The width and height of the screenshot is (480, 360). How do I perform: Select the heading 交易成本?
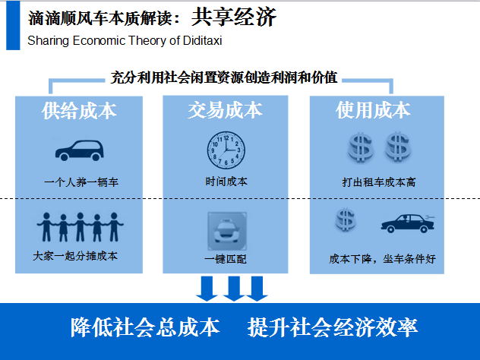(x=226, y=111)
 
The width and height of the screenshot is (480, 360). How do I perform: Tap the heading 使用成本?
(x=373, y=111)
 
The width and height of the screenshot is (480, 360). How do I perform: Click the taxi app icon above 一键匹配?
(x=226, y=231)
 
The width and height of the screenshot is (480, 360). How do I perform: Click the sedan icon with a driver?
(x=408, y=223)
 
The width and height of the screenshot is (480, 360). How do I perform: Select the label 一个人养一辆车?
(x=81, y=182)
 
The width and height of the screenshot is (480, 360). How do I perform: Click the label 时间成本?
(x=226, y=182)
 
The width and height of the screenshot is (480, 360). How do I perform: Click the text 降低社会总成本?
(x=145, y=327)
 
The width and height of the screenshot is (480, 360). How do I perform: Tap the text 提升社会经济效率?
(x=332, y=327)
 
